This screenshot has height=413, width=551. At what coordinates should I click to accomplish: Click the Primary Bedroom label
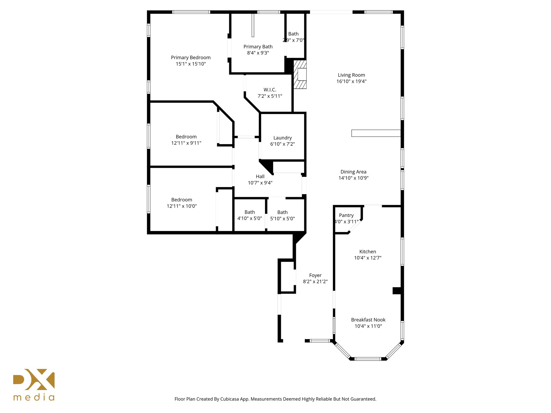tap(191, 58)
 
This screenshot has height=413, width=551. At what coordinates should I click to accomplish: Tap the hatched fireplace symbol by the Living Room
tap(300, 74)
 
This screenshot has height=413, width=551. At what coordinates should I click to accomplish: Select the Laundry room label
tap(282, 138)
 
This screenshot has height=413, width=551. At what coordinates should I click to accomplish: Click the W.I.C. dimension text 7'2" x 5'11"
tap(270, 96)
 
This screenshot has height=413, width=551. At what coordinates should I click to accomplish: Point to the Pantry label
tap(346, 215)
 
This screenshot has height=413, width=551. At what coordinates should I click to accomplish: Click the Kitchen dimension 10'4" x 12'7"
tap(368, 258)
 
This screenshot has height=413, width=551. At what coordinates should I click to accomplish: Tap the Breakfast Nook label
tap(368, 320)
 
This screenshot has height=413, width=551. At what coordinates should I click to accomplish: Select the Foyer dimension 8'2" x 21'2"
tap(315, 282)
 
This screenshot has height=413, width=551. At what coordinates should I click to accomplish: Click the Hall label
tap(260, 176)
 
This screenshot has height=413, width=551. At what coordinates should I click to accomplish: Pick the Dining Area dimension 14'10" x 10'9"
tap(353, 178)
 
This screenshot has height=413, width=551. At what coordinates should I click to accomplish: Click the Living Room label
tap(351, 75)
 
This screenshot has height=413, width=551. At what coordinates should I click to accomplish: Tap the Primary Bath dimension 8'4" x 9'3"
tap(258, 53)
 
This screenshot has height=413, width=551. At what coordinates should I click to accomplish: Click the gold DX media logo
tap(34, 384)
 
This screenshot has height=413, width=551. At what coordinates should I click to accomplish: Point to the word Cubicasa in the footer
tap(230, 399)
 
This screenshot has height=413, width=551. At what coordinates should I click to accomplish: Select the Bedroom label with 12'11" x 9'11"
tap(186, 137)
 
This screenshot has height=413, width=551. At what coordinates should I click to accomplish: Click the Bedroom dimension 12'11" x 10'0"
tap(182, 206)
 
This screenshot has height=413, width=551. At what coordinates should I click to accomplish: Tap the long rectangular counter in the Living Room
tap(376, 133)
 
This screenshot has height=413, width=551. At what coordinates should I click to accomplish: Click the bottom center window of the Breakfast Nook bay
tap(368, 359)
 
